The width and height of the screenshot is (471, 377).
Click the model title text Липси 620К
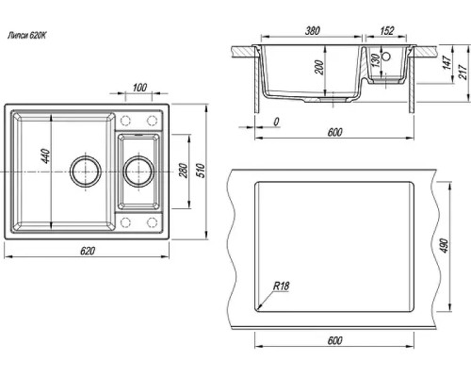click(26, 35)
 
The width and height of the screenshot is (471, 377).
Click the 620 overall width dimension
click(88, 251)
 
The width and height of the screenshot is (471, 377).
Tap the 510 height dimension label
click(201, 171)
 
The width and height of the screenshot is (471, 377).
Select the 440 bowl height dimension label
click(45, 156)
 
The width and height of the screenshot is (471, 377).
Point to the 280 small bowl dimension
click(184, 171)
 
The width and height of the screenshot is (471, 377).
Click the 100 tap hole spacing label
click(139, 88)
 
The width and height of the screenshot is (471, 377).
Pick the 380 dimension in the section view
click(313, 30)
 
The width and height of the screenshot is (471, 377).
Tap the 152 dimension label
click(386, 30)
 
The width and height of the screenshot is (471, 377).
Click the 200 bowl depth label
click(319, 67)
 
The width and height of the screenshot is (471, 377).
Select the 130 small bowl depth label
click(375, 61)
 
